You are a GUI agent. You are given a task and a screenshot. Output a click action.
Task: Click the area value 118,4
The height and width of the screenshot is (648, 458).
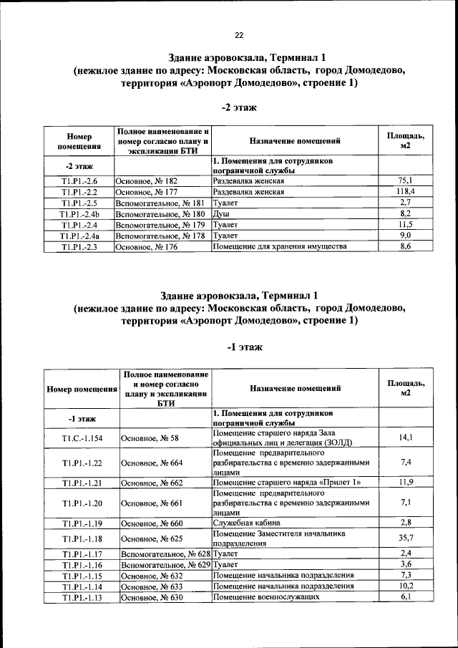[404, 192]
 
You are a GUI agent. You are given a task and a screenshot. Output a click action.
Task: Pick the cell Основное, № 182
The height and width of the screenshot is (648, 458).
[147, 181]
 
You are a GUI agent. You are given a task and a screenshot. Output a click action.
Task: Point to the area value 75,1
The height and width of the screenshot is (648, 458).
[404, 181]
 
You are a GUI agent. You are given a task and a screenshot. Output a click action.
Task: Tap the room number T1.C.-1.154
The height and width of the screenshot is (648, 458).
[82, 437]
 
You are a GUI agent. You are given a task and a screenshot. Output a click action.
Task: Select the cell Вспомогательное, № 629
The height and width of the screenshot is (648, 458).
[165, 564]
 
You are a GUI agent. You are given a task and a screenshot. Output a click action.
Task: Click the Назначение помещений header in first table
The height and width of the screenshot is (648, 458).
[295, 142]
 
